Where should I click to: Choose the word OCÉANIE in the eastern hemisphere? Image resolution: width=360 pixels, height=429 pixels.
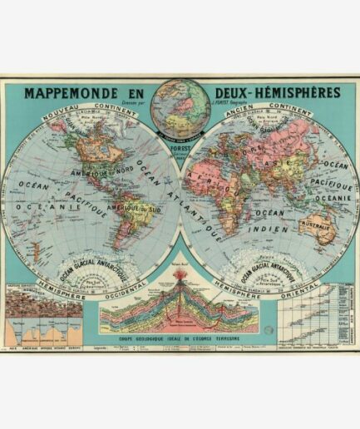[x=333, y=198]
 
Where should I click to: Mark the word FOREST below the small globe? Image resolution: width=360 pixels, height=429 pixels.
[x=179, y=129]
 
